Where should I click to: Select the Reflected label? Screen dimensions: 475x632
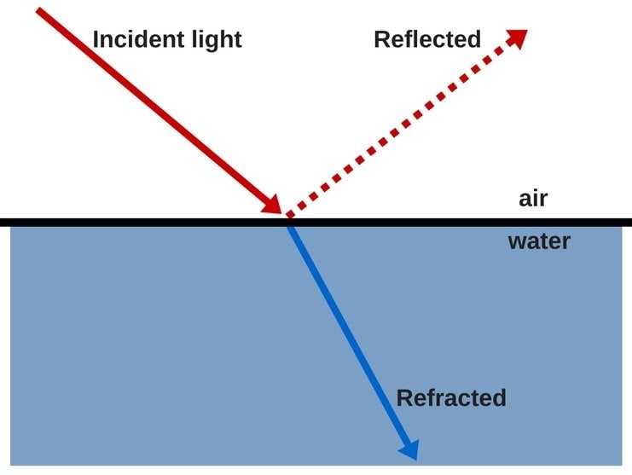point(426,39)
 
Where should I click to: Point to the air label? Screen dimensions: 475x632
point(532,199)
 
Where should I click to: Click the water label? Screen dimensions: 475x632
point(538,241)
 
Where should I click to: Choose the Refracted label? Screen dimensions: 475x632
point(450,397)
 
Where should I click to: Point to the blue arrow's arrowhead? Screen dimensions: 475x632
point(409,448)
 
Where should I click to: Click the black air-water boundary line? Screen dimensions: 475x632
point(128,222)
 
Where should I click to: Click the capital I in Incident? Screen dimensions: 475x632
point(96,39)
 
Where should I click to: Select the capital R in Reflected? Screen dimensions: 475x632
point(381,39)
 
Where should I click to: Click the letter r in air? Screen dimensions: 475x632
point(542,200)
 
